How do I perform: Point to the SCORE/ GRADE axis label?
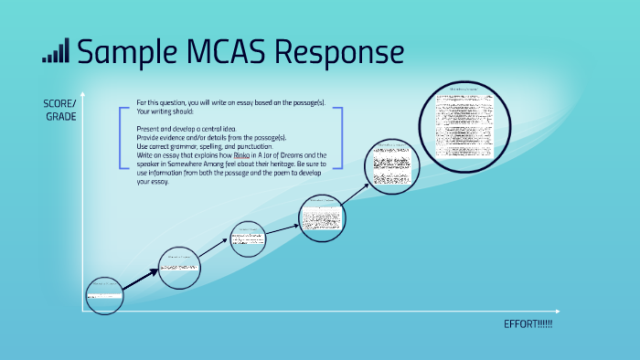pyautogui.click(x=60, y=109)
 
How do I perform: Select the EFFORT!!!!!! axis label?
pyautogui.click(x=528, y=325)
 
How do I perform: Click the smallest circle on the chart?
pyautogui.click(x=104, y=294)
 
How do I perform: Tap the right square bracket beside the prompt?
pyautogui.click(x=338, y=137)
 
